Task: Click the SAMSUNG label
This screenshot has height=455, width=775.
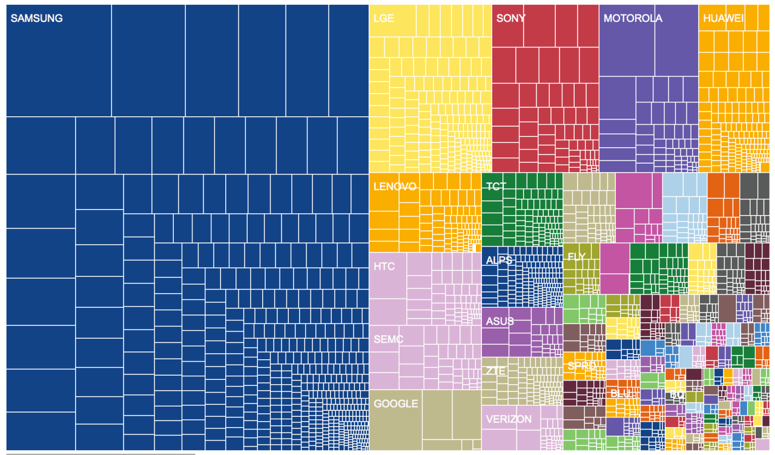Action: (36, 18)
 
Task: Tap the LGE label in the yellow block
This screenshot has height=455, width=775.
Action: (384, 18)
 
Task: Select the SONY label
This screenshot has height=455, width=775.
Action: (510, 18)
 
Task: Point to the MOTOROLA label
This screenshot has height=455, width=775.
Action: (633, 18)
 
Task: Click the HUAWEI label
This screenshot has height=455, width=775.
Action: (723, 18)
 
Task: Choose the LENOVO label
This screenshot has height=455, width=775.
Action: (395, 186)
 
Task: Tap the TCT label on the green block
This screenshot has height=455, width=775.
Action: (496, 186)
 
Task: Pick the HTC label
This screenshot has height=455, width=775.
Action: (384, 266)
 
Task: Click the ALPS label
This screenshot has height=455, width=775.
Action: (499, 260)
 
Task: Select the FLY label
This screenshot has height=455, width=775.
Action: (576, 257)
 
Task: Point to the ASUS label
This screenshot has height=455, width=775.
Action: (500, 321)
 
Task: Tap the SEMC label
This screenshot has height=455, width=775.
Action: (388, 339)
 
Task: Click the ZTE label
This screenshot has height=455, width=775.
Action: (495, 371)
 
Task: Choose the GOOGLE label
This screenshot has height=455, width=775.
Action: (395, 404)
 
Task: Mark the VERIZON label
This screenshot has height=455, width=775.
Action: (509, 419)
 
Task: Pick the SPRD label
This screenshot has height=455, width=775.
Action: (581, 366)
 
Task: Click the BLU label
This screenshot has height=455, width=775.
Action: (620, 393)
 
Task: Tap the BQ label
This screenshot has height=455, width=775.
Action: (677, 394)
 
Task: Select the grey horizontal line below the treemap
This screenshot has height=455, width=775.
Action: (101, 453)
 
